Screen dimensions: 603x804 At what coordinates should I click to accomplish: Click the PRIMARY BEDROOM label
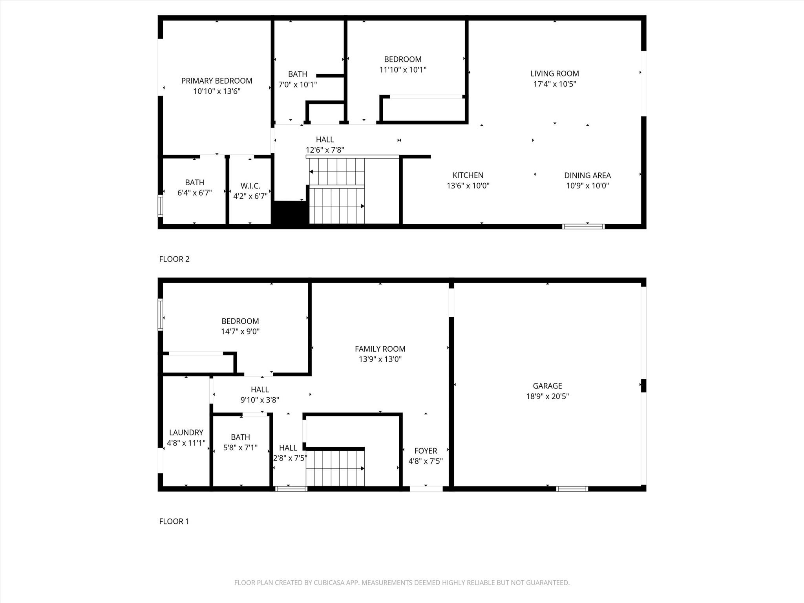(217, 81)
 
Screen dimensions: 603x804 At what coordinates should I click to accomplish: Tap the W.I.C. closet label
(250, 186)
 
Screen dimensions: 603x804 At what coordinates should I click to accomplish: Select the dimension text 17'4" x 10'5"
(554, 84)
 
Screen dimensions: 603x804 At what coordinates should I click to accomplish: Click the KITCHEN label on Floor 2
(468, 175)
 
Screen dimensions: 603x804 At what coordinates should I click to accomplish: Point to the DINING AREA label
(587, 175)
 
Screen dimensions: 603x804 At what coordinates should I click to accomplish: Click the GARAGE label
(547, 386)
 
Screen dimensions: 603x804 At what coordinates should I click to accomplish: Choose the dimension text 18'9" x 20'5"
(547, 397)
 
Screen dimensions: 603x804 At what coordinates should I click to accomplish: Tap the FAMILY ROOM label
(380, 349)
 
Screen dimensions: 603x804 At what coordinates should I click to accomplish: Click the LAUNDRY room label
(186, 433)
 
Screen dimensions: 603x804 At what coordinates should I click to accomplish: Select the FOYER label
(426, 451)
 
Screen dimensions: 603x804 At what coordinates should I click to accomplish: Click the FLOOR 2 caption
(174, 259)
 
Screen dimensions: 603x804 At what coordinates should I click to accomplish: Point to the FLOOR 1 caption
(174, 521)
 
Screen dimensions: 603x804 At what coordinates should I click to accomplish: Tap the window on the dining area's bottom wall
(583, 227)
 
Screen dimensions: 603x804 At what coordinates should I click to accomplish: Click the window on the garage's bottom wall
(572, 489)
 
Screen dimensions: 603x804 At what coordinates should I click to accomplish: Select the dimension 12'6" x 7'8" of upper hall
(325, 150)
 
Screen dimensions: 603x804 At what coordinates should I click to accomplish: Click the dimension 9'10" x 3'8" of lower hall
(259, 400)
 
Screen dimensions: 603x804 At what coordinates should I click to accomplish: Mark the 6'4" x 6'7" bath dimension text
(194, 193)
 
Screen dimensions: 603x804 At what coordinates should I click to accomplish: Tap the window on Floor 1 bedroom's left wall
(160, 314)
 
